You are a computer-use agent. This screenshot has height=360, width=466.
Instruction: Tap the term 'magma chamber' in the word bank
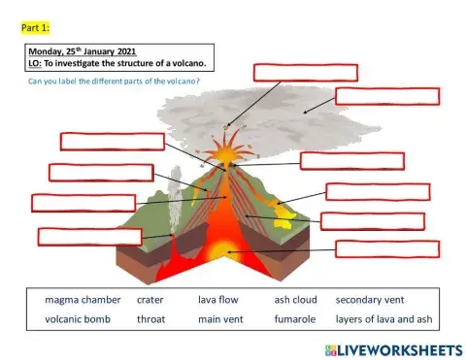pyautogui.click(x=75, y=300)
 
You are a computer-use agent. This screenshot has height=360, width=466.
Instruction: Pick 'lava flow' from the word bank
pyautogui.click(x=218, y=300)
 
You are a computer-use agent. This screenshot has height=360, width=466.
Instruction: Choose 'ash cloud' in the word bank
pyautogui.click(x=295, y=300)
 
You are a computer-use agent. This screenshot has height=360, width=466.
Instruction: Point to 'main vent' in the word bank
pyautogui.click(x=221, y=318)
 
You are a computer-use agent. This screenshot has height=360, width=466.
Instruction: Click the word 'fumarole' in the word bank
pyautogui.click(x=295, y=318)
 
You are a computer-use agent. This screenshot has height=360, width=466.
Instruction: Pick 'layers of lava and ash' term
pyautogui.click(x=383, y=318)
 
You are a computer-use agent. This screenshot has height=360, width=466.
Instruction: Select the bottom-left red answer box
pyautogui.click(x=89, y=236)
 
